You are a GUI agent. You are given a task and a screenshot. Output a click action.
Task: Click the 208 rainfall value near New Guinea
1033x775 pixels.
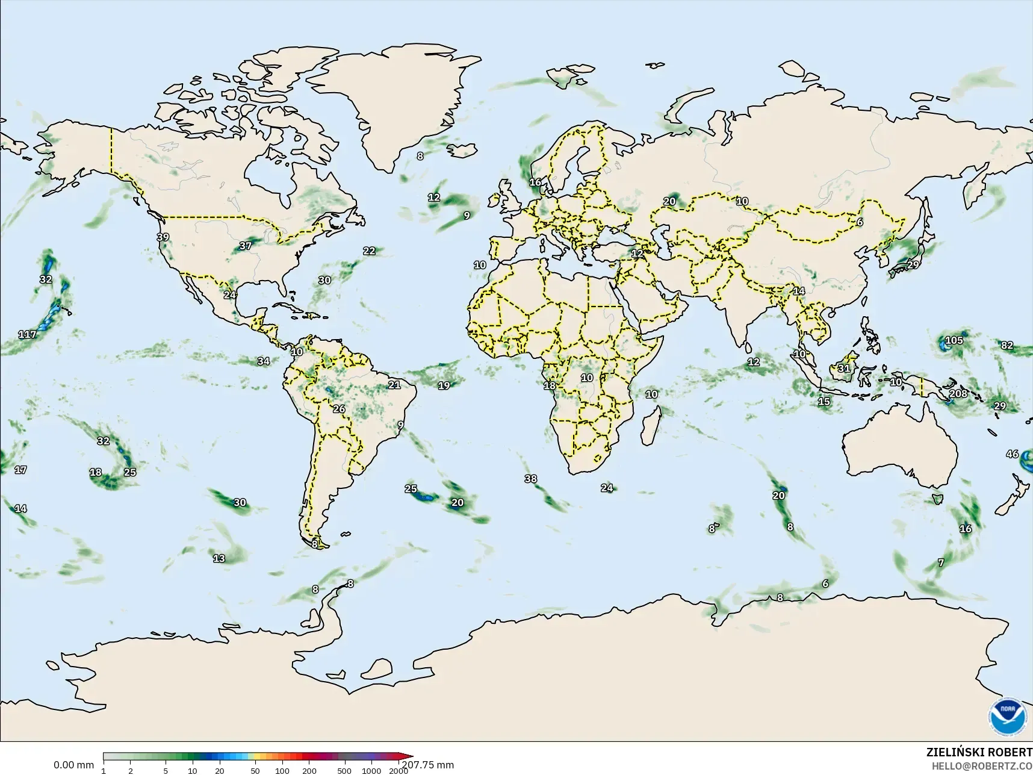pyautogui.click(x=958, y=394)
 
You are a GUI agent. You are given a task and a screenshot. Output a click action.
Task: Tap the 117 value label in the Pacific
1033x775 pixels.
pyautogui.click(x=27, y=334)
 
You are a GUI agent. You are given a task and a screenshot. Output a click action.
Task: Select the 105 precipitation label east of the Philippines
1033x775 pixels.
pyautogui.click(x=954, y=340)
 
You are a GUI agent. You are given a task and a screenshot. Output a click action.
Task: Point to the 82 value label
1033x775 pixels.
pyautogui.click(x=1007, y=346)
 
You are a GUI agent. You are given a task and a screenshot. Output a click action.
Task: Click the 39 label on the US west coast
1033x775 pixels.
pyautogui.click(x=163, y=237)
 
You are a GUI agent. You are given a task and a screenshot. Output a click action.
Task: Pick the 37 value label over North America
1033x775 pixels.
pyautogui.click(x=245, y=246)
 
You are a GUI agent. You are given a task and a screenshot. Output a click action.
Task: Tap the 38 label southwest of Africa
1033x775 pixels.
pyautogui.click(x=530, y=479)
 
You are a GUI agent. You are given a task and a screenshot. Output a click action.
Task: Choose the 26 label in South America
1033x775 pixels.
pyautogui.click(x=339, y=409)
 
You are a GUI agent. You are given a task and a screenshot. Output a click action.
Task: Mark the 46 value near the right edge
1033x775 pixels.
pyautogui.click(x=1012, y=454)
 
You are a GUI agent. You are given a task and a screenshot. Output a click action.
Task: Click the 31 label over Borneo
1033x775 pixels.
pyautogui.click(x=844, y=369)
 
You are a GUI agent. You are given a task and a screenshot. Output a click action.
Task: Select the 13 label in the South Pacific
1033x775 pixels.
pyautogui.click(x=219, y=558)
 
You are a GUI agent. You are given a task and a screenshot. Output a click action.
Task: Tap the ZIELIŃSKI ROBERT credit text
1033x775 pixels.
pyautogui.click(x=979, y=753)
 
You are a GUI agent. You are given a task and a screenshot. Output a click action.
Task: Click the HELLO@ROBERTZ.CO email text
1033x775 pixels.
pyautogui.click(x=982, y=766)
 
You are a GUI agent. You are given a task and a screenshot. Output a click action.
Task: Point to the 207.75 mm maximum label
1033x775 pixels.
pyautogui.click(x=428, y=765)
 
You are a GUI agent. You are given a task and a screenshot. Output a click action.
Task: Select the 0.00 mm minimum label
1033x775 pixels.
pyautogui.click(x=73, y=765)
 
